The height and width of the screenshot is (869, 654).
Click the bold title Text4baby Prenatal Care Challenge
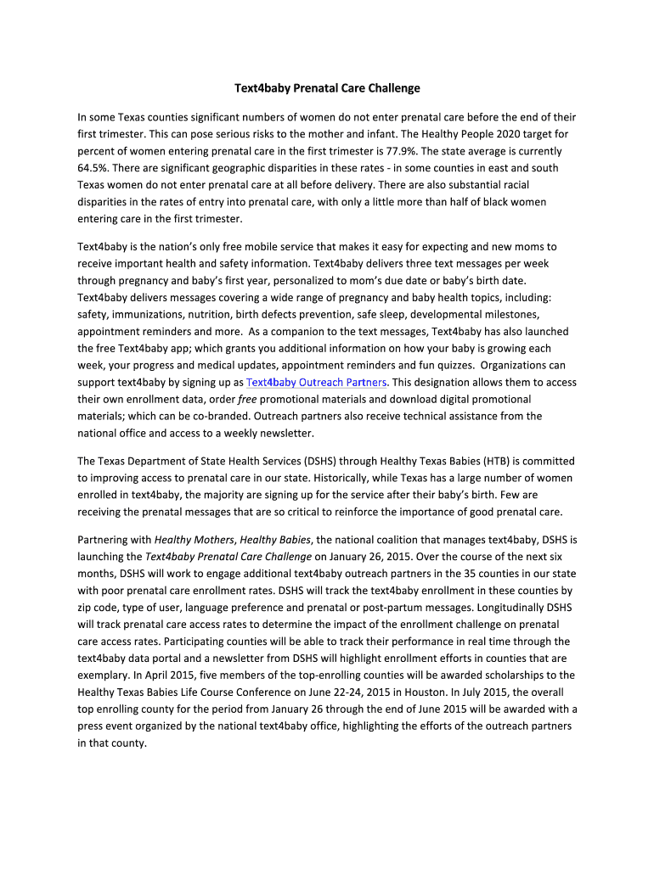coord(327,88)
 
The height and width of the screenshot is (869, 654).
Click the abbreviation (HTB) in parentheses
coord(498,461)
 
